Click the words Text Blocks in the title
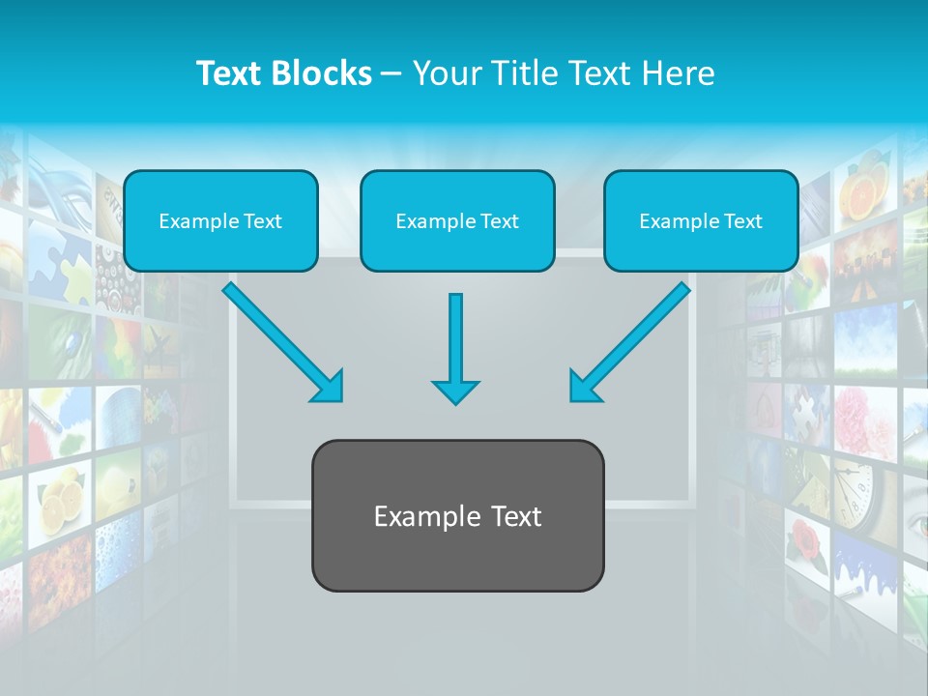[283, 73]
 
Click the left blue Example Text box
[220, 220]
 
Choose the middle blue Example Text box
[457, 220]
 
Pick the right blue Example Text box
[701, 220]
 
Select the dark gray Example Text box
[457, 515]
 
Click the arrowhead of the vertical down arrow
[455, 391]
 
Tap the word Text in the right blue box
[741, 221]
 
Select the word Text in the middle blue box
[499, 221]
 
